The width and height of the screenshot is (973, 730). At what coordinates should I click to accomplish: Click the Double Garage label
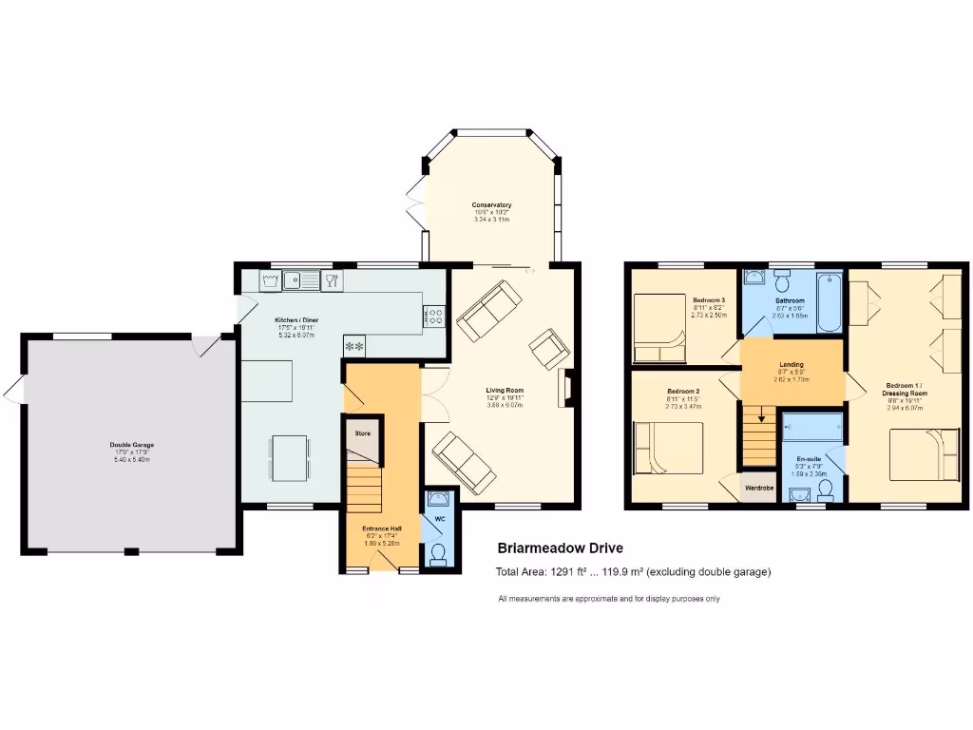coord(131,445)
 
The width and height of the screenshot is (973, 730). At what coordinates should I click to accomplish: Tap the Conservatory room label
coord(491,205)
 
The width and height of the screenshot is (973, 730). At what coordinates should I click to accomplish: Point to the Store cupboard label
coord(362,433)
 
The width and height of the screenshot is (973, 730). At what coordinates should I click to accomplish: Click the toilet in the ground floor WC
coord(438,553)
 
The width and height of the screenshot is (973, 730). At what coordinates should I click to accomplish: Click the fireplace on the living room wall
coord(566,389)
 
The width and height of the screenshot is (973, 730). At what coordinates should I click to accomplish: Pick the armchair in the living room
coord(548,349)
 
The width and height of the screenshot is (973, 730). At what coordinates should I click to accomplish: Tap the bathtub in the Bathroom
coord(829,300)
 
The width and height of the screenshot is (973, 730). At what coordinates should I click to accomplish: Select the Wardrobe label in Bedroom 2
coord(759,488)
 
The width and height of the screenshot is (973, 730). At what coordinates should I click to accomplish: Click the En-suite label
coord(809,459)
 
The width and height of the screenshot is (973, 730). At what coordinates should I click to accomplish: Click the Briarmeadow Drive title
coord(561,548)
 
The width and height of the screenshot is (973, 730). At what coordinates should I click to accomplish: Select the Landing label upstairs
coord(792,365)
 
